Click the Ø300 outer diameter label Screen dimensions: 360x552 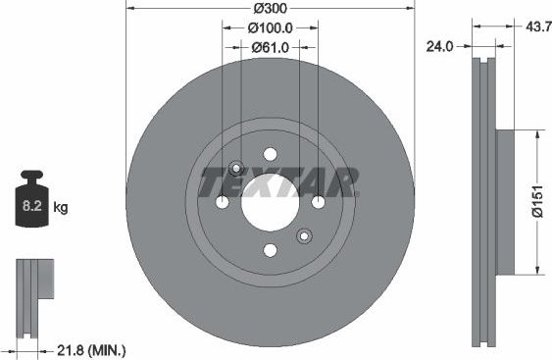pyautogui.click(x=270, y=9)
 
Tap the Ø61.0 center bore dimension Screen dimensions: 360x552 pyautogui.click(x=270, y=46)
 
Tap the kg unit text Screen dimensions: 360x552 pyautogui.click(x=61, y=208)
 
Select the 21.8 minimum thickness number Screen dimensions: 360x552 pyautogui.click(x=69, y=350)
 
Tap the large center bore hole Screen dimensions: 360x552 pyautogui.click(x=270, y=202)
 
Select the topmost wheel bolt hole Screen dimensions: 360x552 pyautogui.click(x=270, y=154)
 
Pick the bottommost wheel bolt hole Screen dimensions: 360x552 pyautogui.click(x=270, y=250)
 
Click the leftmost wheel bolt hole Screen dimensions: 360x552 pyautogui.click(x=223, y=202)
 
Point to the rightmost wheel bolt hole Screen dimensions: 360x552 pyautogui.click(x=318, y=202)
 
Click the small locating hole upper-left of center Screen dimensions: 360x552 pyautogui.click(x=235, y=168)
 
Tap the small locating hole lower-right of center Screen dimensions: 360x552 pyautogui.click(x=304, y=235)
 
